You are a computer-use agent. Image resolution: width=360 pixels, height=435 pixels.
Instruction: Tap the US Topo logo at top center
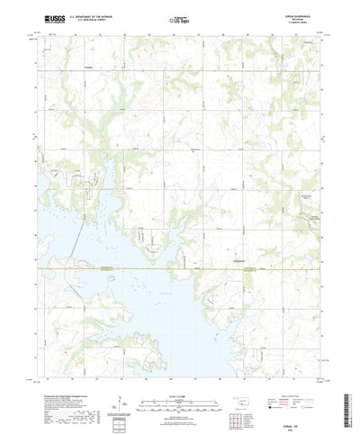180,18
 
